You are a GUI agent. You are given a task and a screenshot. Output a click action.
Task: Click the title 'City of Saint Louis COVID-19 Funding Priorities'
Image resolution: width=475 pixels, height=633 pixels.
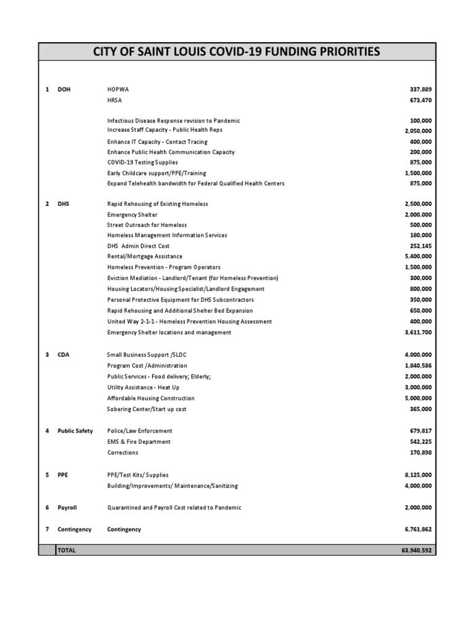click(237, 51)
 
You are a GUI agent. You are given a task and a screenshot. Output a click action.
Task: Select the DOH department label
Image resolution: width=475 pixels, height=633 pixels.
click(64, 89)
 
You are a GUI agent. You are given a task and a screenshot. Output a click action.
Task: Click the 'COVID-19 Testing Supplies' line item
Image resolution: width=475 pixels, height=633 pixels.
click(142, 163)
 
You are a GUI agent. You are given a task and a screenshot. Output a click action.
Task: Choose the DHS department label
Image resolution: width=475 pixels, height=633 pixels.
click(64, 204)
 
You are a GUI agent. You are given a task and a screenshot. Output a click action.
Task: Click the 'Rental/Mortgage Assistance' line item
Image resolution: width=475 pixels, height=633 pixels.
click(145, 257)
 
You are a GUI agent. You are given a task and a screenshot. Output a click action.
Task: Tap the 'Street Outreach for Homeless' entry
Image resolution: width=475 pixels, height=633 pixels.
click(147, 225)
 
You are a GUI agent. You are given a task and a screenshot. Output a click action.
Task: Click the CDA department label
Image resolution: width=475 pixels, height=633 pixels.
click(64, 355)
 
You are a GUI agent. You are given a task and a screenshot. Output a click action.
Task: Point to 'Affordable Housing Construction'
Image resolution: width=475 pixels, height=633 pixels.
click(150, 399)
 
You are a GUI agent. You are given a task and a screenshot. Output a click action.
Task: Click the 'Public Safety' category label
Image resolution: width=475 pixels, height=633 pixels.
click(75, 431)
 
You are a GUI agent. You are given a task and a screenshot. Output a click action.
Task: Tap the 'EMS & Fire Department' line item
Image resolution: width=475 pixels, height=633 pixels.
click(139, 442)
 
